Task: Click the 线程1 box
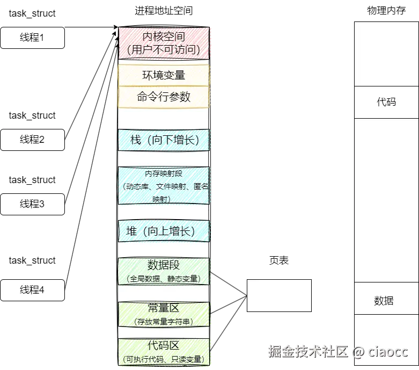click(x=32, y=38)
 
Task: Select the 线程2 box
click(x=32, y=140)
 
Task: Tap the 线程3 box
click(x=32, y=204)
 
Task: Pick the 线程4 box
click(x=32, y=290)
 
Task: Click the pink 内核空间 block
click(x=164, y=43)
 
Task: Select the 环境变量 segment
click(x=164, y=75)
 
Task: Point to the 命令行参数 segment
click(x=164, y=97)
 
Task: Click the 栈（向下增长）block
click(x=164, y=140)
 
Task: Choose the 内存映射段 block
click(x=164, y=185)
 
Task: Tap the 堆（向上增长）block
click(x=164, y=231)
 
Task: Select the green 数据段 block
click(x=164, y=271)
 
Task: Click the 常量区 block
click(x=164, y=314)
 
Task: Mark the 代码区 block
click(x=164, y=352)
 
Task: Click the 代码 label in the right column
click(x=386, y=101)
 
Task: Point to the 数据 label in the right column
click(x=384, y=301)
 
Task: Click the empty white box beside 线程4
click(x=279, y=295)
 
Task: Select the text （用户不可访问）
click(x=164, y=50)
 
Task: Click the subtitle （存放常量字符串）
click(x=164, y=322)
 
